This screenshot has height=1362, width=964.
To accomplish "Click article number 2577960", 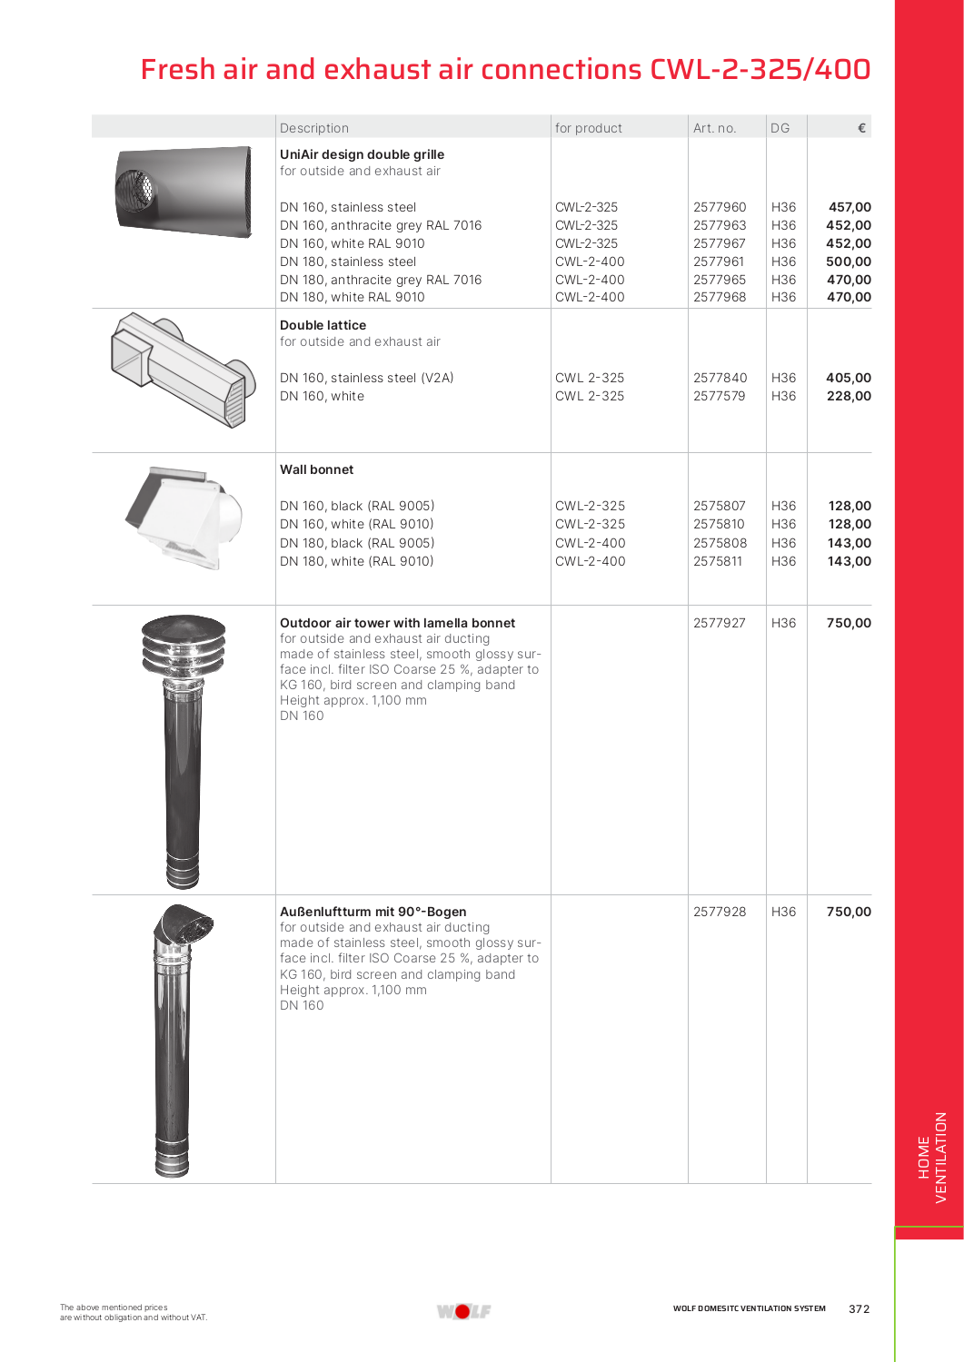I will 720,207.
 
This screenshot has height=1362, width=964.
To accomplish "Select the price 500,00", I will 848,262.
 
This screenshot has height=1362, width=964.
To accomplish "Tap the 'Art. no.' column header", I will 714,128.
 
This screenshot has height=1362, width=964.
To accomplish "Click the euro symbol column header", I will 861,128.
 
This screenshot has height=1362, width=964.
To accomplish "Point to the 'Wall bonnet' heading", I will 316,469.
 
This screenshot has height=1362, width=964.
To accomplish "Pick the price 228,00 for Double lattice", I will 848,396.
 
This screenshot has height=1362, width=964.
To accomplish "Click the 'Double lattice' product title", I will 323,325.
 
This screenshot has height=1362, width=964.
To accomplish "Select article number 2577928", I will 720,912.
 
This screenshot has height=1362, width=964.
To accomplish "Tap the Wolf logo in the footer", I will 463,1311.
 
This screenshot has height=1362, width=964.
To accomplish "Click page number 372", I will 859,1308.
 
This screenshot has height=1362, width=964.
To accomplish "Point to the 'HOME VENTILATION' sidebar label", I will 932,1158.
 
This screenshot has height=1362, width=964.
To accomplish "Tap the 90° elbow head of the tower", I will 185,928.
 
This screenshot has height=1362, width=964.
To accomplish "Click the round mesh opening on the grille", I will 137,188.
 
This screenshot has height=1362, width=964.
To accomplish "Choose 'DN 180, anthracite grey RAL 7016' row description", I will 381,280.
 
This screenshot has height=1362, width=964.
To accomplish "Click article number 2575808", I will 720,543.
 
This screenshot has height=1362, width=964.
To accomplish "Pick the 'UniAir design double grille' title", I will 362,154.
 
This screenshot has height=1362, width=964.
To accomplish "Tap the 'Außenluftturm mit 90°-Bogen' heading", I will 373,912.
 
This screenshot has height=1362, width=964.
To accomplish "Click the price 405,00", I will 848,378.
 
